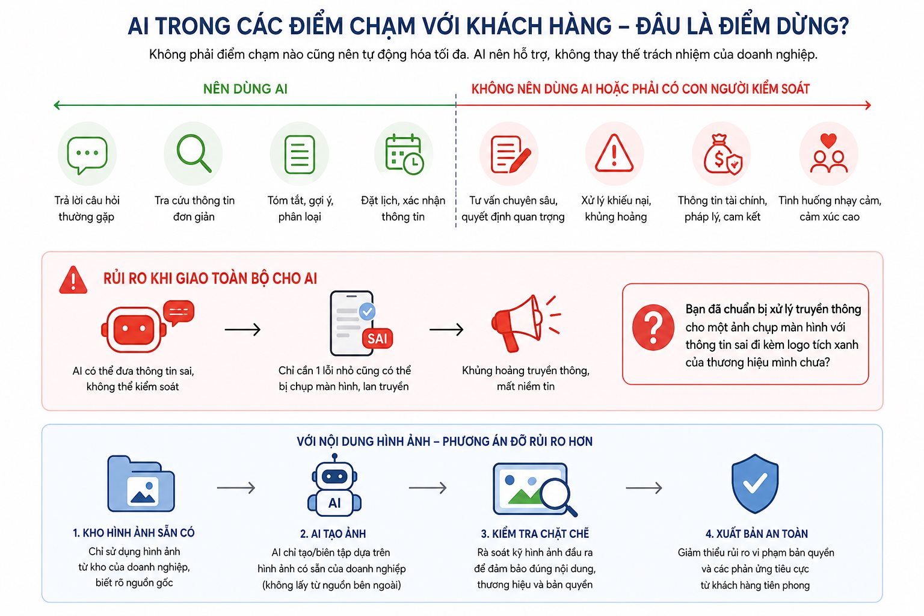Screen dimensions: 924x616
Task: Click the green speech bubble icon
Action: click(x=87, y=155)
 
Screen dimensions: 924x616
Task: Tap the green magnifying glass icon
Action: click(x=194, y=153)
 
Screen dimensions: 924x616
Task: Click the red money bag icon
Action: click(x=722, y=155)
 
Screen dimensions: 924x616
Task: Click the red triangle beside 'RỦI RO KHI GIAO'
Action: click(x=73, y=280)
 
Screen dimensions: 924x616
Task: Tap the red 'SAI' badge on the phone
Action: click(x=377, y=339)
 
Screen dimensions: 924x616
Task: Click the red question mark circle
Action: click(x=653, y=328)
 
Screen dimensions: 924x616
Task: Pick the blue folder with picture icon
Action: click(x=141, y=484)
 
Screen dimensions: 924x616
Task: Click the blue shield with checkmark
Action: click(x=755, y=484)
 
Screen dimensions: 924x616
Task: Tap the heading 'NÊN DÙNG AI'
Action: click(x=245, y=89)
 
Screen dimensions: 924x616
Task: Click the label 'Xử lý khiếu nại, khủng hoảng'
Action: click(x=616, y=209)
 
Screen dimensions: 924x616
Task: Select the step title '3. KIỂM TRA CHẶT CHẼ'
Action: click(x=535, y=534)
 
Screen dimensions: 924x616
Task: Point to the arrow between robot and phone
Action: click(x=242, y=329)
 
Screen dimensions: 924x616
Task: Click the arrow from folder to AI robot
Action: click(x=236, y=488)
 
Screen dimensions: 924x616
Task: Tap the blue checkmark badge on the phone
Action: click(x=367, y=312)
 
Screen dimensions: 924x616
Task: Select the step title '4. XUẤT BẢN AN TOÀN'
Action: click(x=757, y=534)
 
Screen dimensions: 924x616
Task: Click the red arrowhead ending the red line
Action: click(x=868, y=105)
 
